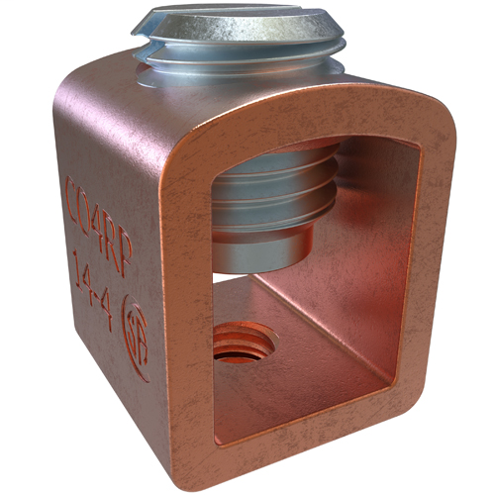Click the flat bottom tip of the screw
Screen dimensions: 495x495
click(x=256, y=260)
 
